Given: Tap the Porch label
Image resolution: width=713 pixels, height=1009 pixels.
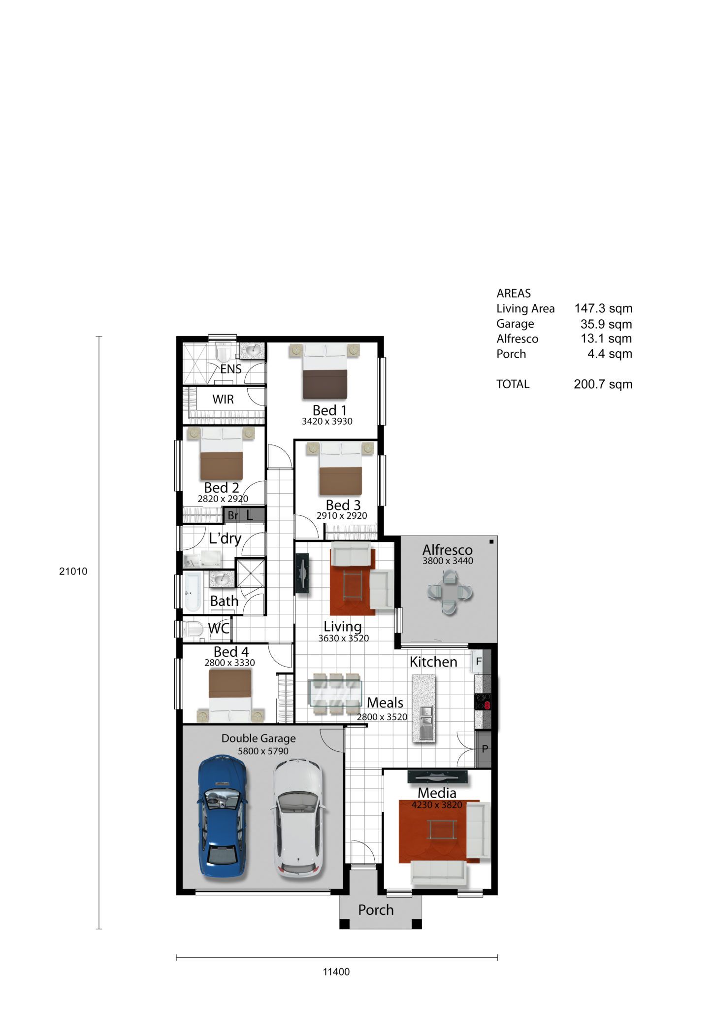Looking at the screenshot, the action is [376, 910].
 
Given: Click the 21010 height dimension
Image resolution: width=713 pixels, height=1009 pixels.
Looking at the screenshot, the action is [73, 572].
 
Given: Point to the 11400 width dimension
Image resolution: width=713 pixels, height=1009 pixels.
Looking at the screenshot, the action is [336, 972].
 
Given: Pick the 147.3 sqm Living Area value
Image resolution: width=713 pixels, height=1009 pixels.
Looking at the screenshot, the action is [603, 308].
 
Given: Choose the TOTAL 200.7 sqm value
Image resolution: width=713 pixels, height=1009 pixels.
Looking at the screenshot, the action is [603, 384].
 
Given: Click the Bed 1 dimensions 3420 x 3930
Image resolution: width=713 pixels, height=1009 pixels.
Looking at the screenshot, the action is [327, 421].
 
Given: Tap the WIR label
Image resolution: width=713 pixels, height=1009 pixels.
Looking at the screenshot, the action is [223, 399].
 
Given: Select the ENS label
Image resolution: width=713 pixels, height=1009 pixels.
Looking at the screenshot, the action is [230, 369].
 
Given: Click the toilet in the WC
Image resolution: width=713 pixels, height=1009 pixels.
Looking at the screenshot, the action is [193, 629].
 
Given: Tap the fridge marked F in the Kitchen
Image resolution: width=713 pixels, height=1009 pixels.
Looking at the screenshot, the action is [478, 662].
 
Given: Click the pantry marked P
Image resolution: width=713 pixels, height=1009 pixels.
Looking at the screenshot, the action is [485, 749].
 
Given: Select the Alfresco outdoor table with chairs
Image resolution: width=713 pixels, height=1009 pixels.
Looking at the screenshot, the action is [450, 592].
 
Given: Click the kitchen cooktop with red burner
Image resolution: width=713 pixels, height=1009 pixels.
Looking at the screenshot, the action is [483, 702].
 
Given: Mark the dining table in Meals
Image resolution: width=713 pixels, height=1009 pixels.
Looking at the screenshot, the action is [335, 693].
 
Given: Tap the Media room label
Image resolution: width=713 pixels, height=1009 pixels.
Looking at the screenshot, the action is [437, 793].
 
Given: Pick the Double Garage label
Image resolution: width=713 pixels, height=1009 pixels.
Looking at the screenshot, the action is [259, 738].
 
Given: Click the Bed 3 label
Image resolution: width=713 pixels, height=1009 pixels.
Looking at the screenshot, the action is [343, 505].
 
